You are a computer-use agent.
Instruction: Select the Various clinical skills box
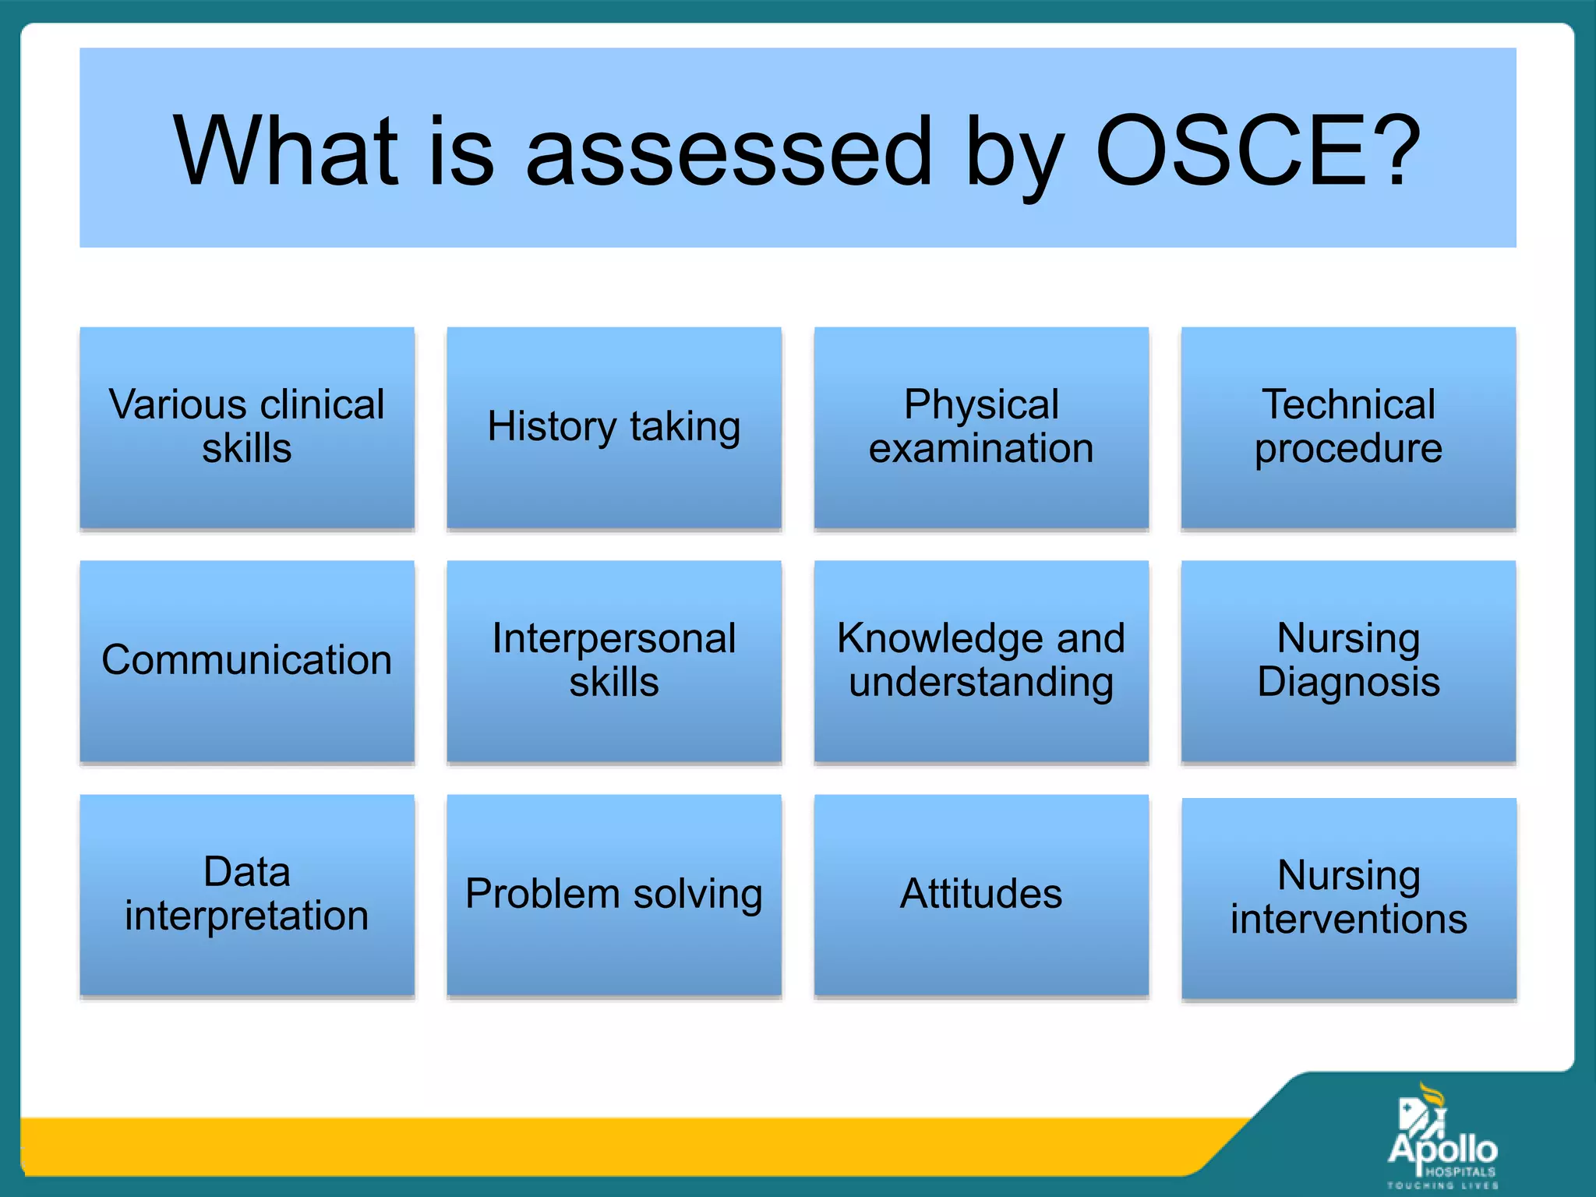coord(247,427)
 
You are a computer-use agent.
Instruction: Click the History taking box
coord(614,427)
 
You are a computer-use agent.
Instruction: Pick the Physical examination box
coord(981,427)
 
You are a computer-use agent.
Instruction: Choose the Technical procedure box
coord(1348,427)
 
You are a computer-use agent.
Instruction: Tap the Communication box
coord(247,660)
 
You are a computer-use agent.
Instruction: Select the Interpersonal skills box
coord(614,660)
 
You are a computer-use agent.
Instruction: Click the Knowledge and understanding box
coord(981,660)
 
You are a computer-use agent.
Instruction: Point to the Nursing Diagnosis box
coord(1348,660)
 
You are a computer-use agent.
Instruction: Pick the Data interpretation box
coord(247,894)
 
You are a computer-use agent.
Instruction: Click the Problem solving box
coord(614,894)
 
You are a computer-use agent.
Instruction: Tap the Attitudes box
coord(981,894)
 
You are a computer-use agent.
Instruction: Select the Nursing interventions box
coord(1348,897)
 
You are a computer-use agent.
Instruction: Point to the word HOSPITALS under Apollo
coord(1460,1171)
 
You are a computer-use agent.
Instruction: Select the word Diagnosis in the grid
coord(1348,682)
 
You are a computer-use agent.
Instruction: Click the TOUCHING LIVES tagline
coord(1442,1185)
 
